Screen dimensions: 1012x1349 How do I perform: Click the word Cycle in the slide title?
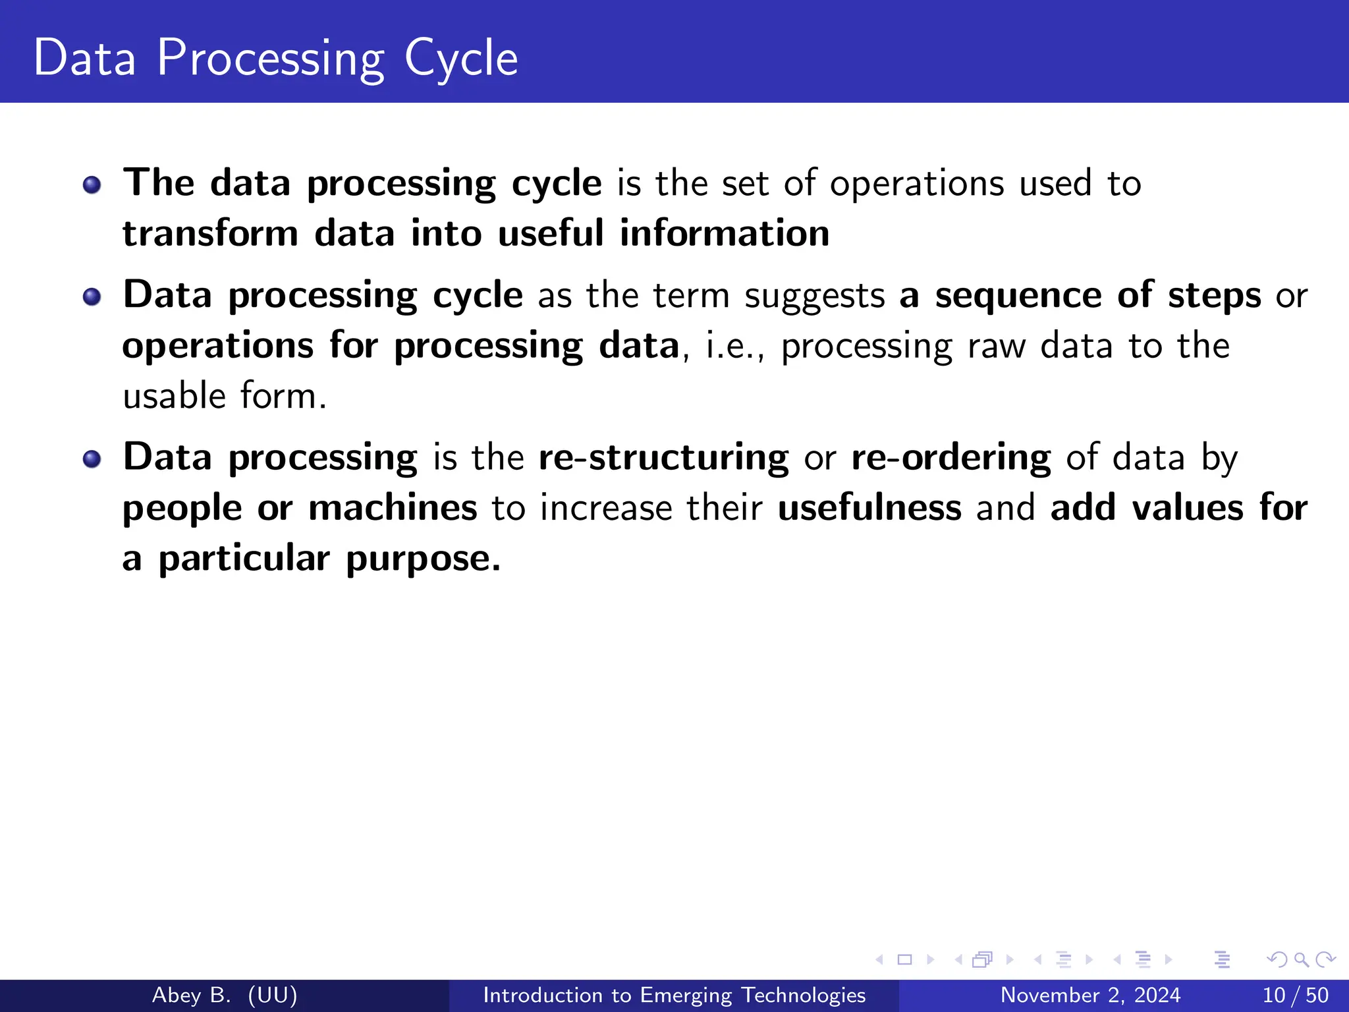(460, 59)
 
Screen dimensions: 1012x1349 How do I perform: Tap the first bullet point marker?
(92, 185)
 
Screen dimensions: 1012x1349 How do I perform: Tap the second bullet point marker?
(92, 296)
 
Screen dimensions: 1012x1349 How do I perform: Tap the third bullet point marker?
(92, 459)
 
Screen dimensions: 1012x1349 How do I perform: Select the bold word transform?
(211, 233)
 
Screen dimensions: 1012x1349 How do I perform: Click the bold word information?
(724, 233)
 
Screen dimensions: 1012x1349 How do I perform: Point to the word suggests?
(814, 296)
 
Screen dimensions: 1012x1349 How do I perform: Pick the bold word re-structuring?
(663, 457)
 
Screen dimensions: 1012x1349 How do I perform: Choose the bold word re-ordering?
(950, 457)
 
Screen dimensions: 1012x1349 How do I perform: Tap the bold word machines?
(393, 508)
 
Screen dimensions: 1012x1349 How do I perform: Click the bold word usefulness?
(869, 508)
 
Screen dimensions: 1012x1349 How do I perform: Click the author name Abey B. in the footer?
(191, 995)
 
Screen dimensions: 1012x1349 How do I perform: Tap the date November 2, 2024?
(1090, 995)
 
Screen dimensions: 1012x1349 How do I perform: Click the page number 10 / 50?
(1295, 995)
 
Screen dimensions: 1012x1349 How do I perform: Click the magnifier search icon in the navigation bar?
(1301, 960)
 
